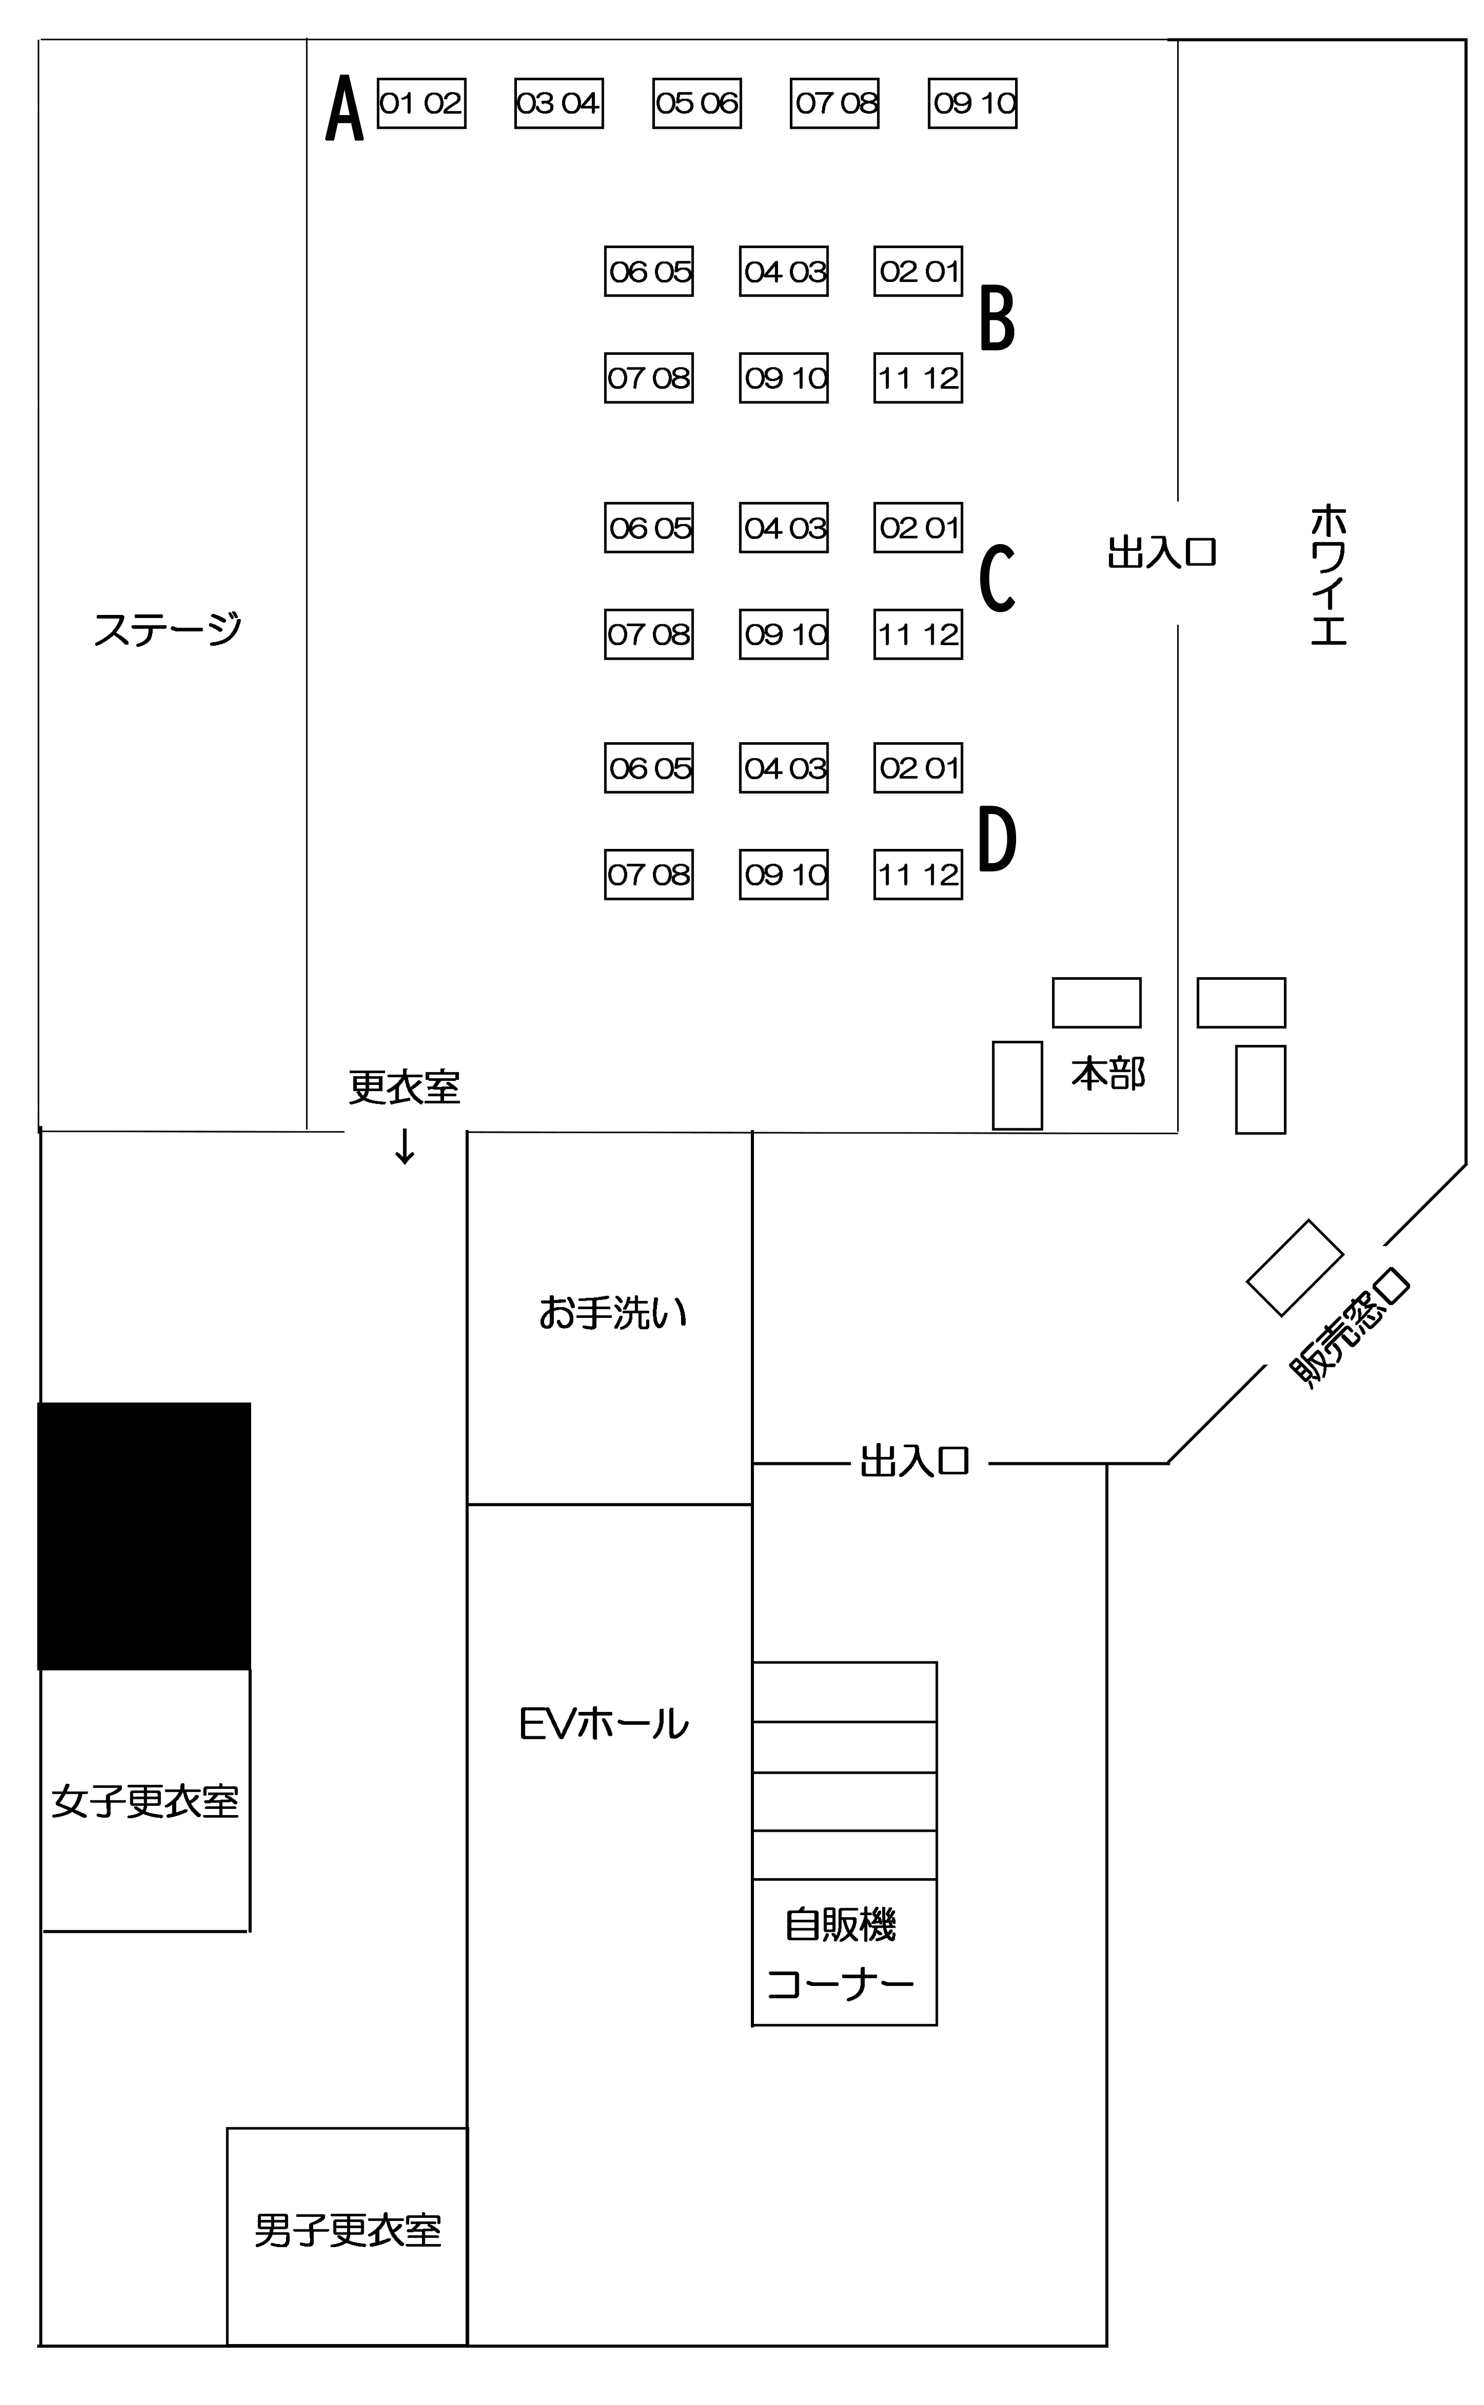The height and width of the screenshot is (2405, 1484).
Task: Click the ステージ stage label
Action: point(167,628)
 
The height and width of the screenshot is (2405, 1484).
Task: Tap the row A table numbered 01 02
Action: point(421,103)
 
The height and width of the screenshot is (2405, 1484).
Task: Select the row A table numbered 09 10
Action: point(973,103)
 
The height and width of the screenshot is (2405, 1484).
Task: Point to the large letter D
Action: point(997,838)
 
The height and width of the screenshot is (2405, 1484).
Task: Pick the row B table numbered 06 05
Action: point(649,271)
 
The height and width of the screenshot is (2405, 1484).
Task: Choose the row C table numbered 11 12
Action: point(918,634)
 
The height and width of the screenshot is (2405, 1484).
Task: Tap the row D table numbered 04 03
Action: point(783,768)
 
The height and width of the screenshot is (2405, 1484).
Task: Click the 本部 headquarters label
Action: point(1108,1074)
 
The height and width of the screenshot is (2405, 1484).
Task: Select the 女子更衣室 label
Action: point(145,1802)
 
